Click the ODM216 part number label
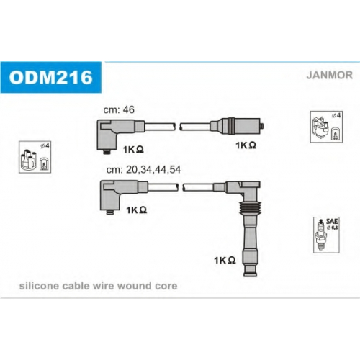[51, 77]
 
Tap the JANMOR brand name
[330, 75]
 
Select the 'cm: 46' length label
[119, 109]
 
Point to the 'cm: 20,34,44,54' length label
[143, 170]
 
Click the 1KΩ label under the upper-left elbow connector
[133, 149]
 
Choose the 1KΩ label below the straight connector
[246, 145]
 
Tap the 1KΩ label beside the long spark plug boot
[225, 260]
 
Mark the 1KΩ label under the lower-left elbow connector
[136, 210]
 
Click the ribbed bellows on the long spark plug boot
[250, 208]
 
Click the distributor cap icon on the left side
[28, 160]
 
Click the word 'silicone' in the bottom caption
[39, 286]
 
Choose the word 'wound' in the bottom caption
[135, 286]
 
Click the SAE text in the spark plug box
[332, 221]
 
